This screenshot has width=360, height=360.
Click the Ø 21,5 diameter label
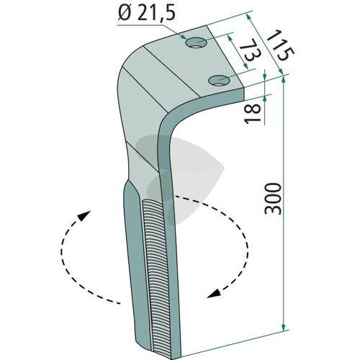pos(146,13)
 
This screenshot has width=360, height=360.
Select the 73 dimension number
pos(248,53)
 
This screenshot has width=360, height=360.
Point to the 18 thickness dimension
pos(252,113)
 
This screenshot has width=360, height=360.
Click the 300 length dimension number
pos(272,198)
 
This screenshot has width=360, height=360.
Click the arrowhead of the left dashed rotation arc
pos(84,215)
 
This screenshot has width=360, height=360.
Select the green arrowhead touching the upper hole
pos(184,37)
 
